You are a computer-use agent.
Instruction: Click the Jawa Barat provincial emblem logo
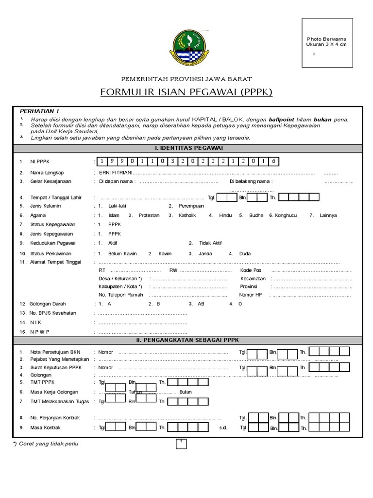[x=186, y=48]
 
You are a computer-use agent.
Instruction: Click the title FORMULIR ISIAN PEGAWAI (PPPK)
[x=186, y=92]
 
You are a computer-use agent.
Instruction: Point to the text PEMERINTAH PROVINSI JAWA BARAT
[x=186, y=79]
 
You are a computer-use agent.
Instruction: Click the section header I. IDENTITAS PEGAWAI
[x=186, y=148]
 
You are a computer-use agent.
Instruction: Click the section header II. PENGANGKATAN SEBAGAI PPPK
[x=186, y=340]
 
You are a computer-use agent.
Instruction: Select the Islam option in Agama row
[x=114, y=215]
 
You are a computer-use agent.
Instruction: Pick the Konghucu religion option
[x=287, y=215]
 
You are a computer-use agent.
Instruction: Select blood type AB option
[x=201, y=303]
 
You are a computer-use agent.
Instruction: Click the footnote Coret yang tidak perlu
[x=48, y=444]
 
